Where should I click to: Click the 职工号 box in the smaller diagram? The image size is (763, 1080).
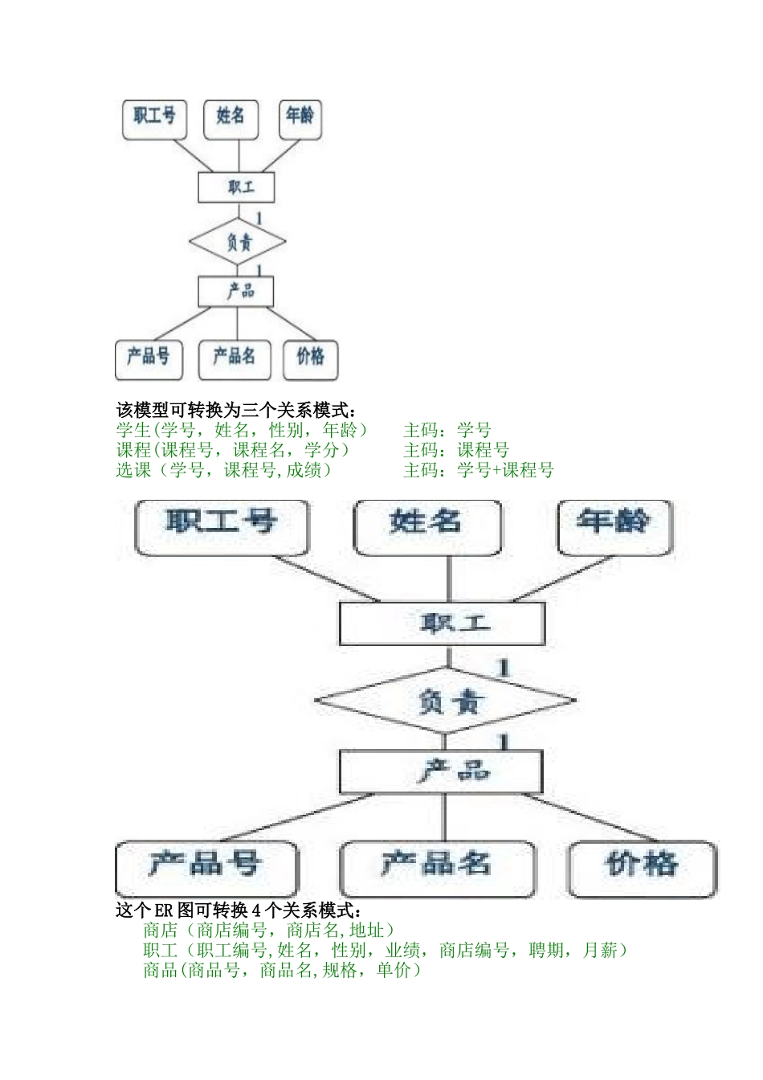pyautogui.click(x=154, y=117)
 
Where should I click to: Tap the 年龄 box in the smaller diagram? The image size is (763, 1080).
pyautogui.click(x=300, y=117)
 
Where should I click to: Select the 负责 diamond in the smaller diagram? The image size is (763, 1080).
pyautogui.click(x=238, y=242)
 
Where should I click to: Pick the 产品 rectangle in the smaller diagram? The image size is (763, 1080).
pyautogui.click(x=236, y=291)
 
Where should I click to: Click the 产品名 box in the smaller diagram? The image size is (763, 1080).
pyautogui.click(x=234, y=358)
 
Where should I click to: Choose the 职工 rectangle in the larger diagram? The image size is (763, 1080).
pyautogui.click(x=442, y=624)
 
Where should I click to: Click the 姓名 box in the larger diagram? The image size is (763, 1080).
pyautogui.click(x=427, y=526)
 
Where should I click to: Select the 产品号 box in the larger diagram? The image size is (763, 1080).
pyautogui.click(x=206, y=867)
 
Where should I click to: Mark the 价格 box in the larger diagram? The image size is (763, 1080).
pyautogui.click(x=642, y=867)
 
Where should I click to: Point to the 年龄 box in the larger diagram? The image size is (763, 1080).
pyautogui.click(x=614, y=526)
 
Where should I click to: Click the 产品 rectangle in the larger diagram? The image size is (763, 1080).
pyautogui.click(x=442, y=771)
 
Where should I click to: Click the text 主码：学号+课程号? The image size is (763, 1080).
pyautogui.click(x=479, y=470)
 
